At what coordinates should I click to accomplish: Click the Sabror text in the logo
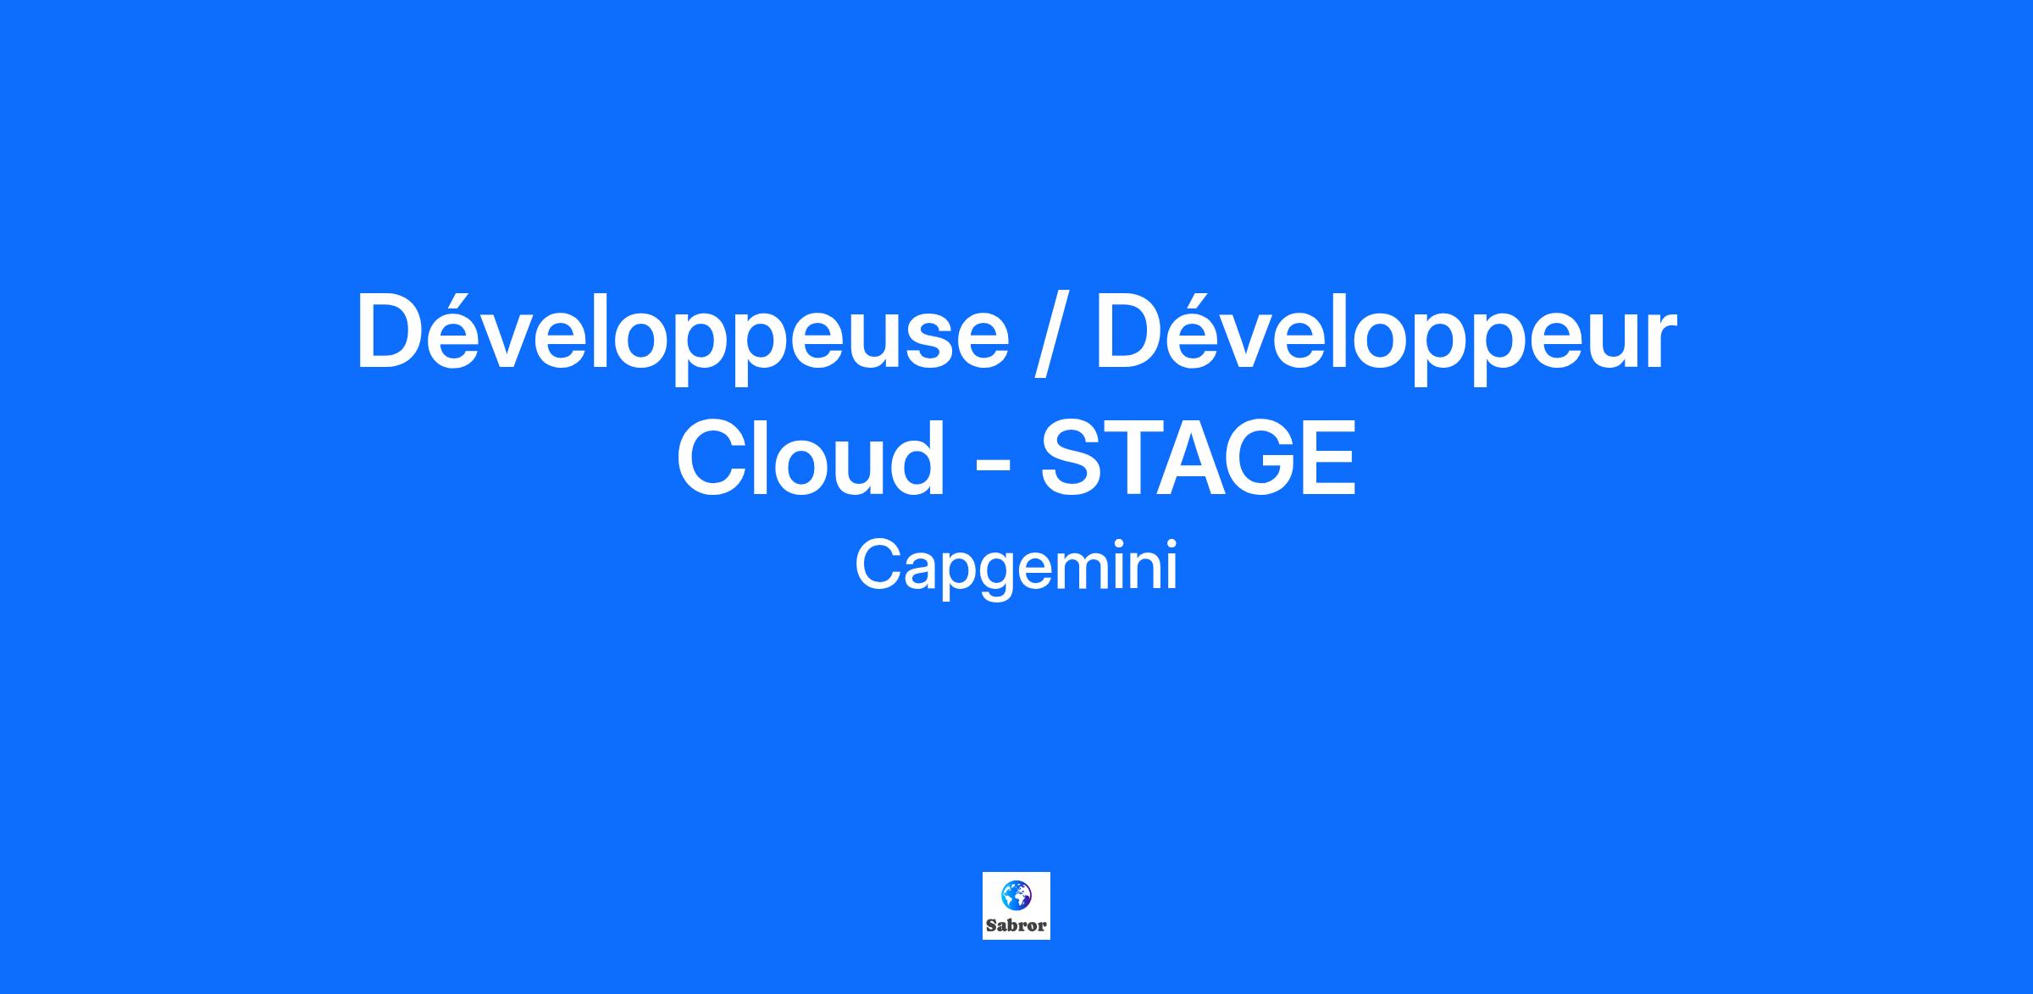[x=1016, y=926]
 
